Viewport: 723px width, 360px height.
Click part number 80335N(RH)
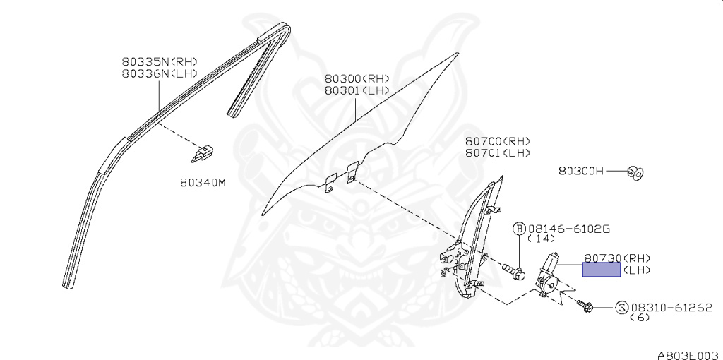click(x=159, y=61)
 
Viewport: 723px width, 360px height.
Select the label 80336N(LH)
click(x=159, y=73)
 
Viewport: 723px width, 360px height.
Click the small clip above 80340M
click(x=204, y=151)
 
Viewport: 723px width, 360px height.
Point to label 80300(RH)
click(x=357, y=78)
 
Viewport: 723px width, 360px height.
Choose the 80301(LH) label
click(x=357, y=90)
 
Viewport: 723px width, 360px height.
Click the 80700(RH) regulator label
click(x=498, y=141)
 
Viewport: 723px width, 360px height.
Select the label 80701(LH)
click(x=498, y=153)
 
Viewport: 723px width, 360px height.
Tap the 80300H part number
click(x=581, y=170)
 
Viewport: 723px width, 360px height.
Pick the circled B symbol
click(x=519, y=229)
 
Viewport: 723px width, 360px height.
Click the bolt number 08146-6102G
click(x=568, y=229)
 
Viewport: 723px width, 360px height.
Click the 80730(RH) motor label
click(x=616, y=258)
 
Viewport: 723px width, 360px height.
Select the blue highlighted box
click(x=601, y=269)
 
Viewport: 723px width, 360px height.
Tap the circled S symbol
click(x=621, y=307)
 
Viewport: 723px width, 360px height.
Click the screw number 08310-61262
click(x=671, y=307)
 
